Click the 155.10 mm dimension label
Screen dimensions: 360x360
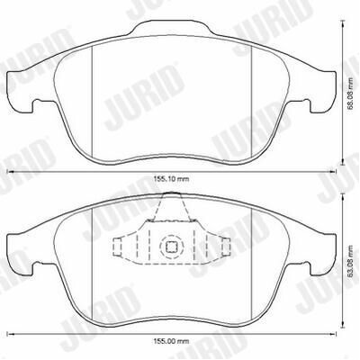click(x=172, y=179)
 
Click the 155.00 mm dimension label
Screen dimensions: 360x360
click(x=172, y=341)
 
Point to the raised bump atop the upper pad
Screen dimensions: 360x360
click(x=171, y=27)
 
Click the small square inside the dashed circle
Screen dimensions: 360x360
click(x=172, y=247)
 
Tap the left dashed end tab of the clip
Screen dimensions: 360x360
click(x=117, y=247)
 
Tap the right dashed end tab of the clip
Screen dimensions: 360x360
click(x=226, y=247)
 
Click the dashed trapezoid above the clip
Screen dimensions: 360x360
click(x=172, y=207)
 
